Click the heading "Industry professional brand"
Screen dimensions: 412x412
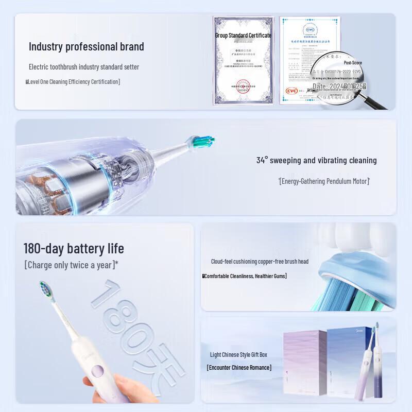coord(86,46)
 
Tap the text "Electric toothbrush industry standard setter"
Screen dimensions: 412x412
coord(83,67)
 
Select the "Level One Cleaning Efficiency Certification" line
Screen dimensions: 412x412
coord(73,81)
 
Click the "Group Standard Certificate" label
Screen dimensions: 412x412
coord(243,35)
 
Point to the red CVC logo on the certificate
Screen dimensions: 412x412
coord(292,91)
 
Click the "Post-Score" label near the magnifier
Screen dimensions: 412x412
coord(353,62)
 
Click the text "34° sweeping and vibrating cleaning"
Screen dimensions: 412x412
coord(316,160)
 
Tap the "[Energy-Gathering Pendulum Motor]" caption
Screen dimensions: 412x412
coord(324,181)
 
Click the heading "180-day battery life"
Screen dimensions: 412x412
coord(74,248)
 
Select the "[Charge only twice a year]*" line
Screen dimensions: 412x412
coord(72,265)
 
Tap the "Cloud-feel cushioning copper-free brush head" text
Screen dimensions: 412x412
coord(260,262)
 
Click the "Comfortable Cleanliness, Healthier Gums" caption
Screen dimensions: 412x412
coord(245,276)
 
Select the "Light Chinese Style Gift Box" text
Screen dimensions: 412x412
coord(238,354)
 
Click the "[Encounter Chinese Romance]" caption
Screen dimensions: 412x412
coord(239,367)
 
